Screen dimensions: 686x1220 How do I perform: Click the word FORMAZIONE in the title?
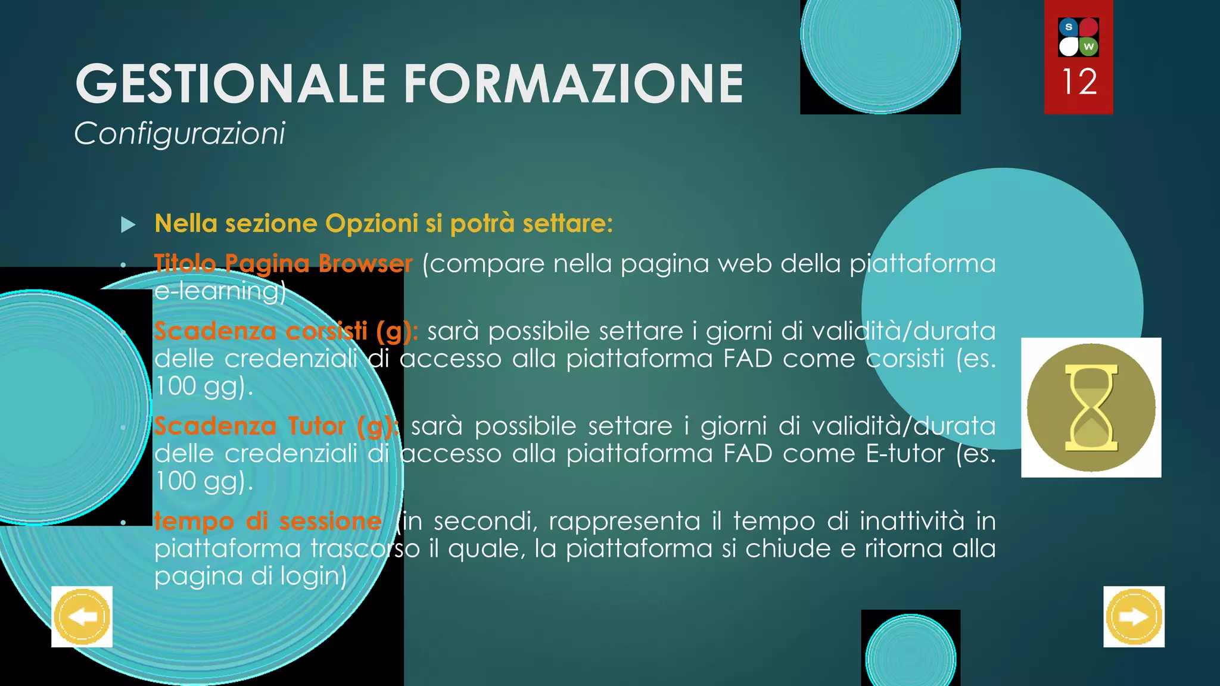574,84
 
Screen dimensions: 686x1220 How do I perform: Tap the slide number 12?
1079,82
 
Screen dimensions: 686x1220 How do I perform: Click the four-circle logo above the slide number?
1078,37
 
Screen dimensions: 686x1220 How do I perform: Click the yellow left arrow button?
82,617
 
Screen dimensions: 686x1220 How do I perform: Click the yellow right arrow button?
1134,617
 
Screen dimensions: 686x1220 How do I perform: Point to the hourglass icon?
1091,408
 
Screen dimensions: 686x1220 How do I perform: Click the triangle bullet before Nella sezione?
128,225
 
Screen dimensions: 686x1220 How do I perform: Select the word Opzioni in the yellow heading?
371,224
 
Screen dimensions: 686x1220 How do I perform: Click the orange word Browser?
365,263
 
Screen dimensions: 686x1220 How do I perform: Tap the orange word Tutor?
316,426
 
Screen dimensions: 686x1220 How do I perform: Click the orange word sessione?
331,521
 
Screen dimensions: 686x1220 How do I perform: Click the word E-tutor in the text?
905,454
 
